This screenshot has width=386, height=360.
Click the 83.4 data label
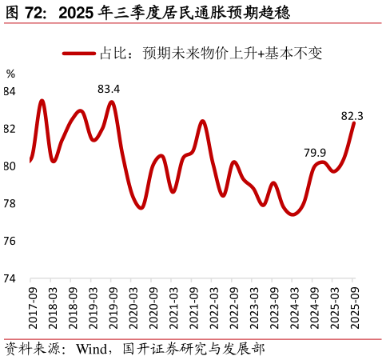pyautogui.click(x=109, y=89)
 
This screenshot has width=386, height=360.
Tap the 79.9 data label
pyautogui.click(x=315, y=153)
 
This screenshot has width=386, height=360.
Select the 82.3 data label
pyautogui.click(x=352, y=116)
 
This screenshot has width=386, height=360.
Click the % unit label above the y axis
pyautogui.click(x=10, y=74)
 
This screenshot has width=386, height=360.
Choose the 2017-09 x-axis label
pyautogui.click(x=33, y=307)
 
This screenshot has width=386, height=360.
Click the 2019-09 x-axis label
pyautogui.click(x=113, y=307)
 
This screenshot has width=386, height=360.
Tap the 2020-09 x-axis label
pyautogui.click(x=153, y=307)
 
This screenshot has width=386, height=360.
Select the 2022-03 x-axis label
pyautogui.click(x=214, y=307)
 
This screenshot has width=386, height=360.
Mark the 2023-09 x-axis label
pyautogui.click(x=274, y=307)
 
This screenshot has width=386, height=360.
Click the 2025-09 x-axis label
pyautogui.click(x=355, y=307)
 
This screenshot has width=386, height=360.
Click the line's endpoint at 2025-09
pyautogui.click(x=353, y=123)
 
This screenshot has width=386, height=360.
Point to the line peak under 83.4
pyautogui.click(x=111, y=102)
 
